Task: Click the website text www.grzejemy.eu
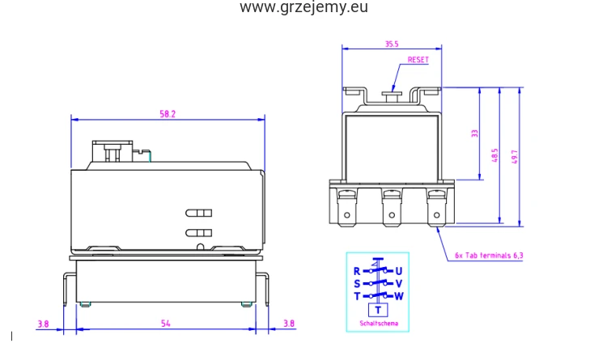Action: point(303,7)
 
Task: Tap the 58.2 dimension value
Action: point(168,114)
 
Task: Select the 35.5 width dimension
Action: point(392,44)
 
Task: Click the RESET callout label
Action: point(418,60)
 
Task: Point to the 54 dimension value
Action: point(165,324)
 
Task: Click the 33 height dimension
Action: point(474,133)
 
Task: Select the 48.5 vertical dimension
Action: point(495,155)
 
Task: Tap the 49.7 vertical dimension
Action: point(515,157)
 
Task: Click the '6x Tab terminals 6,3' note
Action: point(489,256)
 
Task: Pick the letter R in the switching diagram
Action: point(357,271)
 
